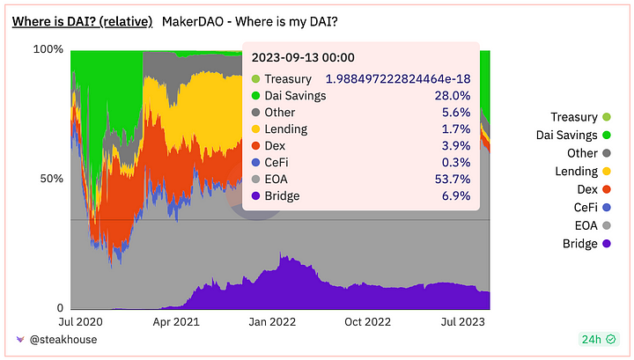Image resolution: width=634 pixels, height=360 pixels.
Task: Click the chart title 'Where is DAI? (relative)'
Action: pyautogui.click(x=82, y=20)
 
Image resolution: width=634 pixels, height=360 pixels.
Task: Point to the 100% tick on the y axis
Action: pyautogui.click(x=48, y=49)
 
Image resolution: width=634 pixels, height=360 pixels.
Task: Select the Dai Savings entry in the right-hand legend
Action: pyautogui.click(x=566, y=135)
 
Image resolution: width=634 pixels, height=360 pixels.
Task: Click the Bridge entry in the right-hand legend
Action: pyautogui.click(x=579, y=244)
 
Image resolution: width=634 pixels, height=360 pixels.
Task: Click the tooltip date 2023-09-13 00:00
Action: pyautogui.click(x=303, y=58)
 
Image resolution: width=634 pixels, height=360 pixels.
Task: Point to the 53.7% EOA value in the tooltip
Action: pyautogui.click(x=454, y=179)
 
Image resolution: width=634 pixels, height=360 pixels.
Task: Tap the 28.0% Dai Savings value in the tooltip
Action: pyautogui.click(x=454, y=96)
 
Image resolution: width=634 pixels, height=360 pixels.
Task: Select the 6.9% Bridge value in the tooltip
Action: pyautogui.click(x=458, y=195)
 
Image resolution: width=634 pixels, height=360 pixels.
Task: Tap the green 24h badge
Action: pyautogui.click(x=596, y=339)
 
